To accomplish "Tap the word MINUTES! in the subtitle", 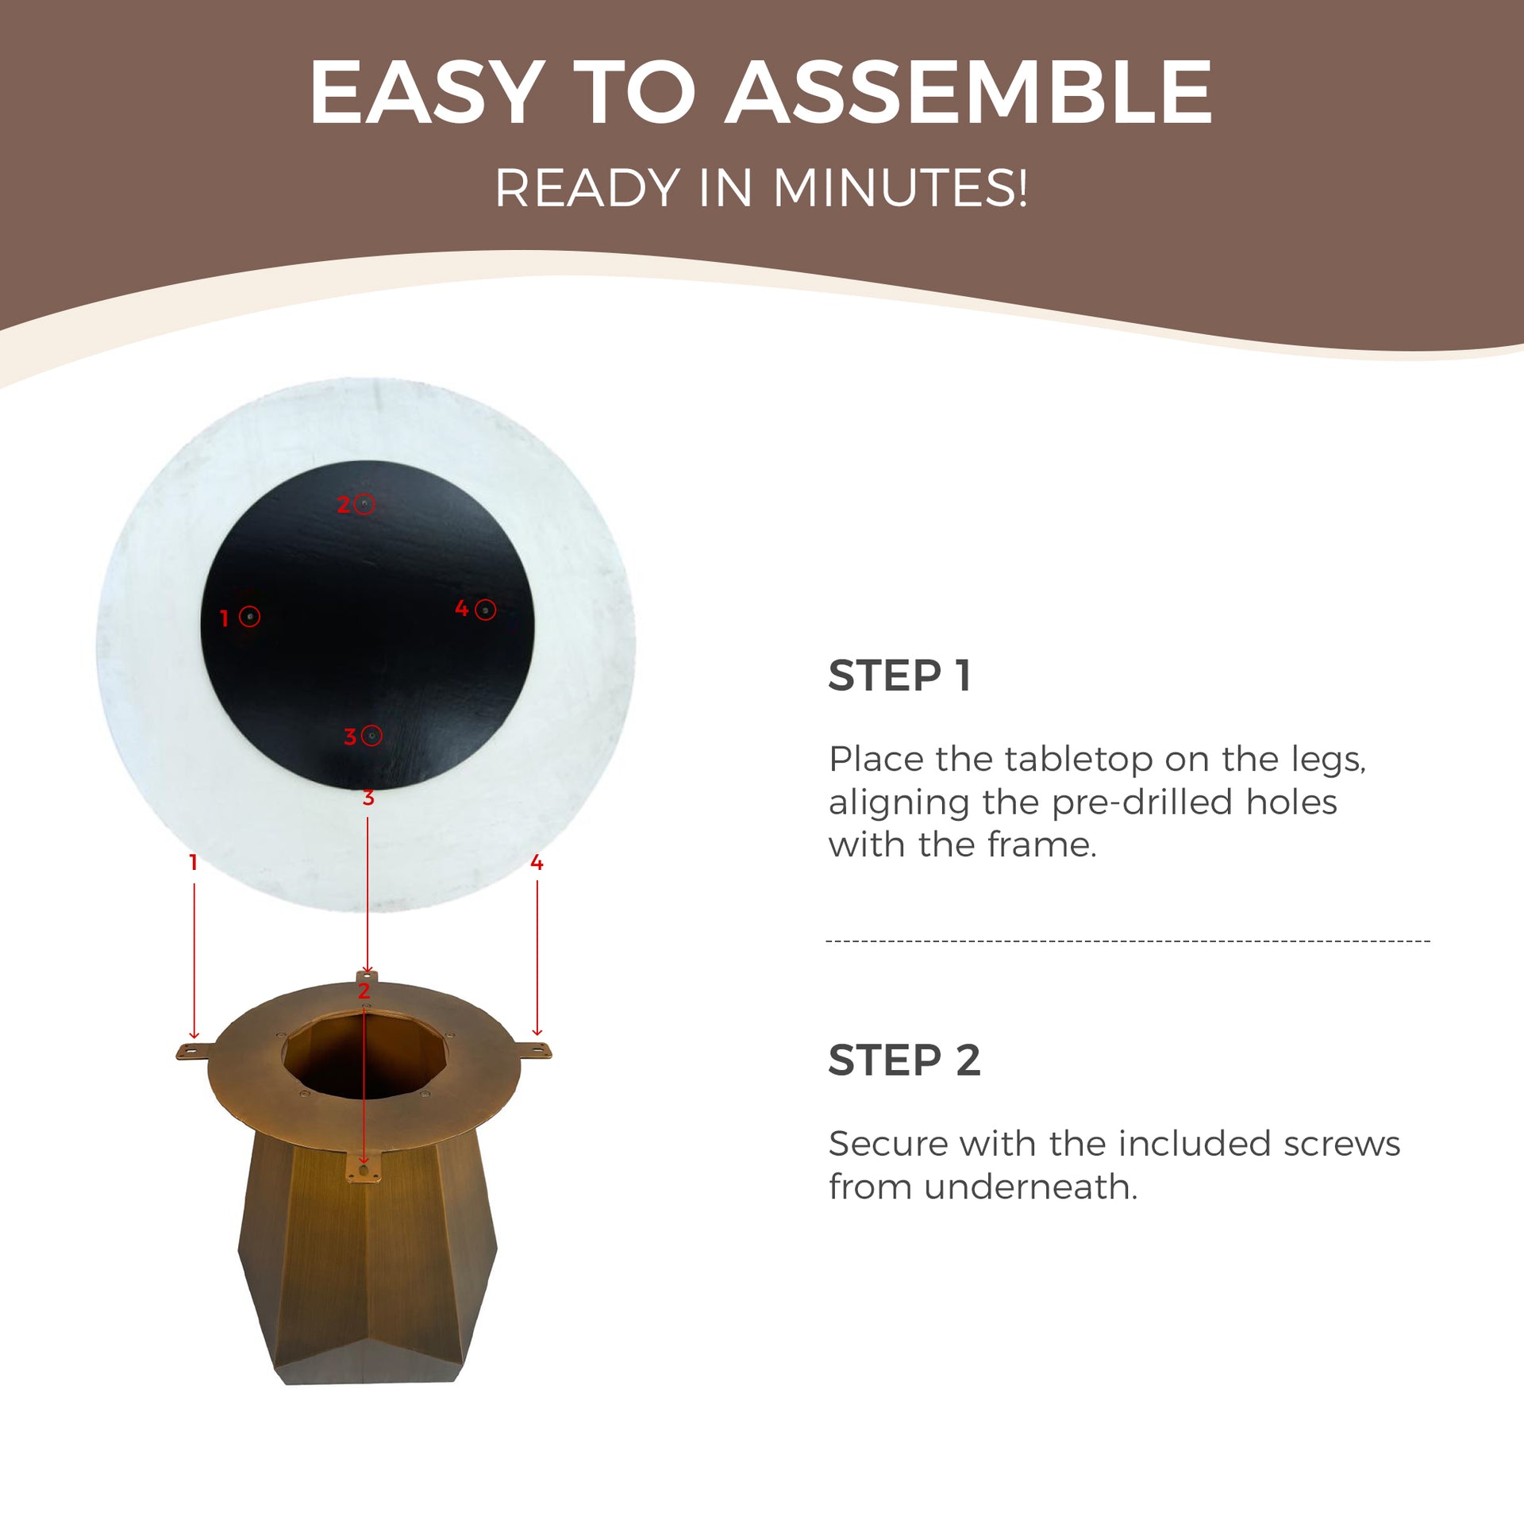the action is (x=900, y=189).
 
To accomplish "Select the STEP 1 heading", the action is (x=899, y=676).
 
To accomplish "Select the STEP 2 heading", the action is (x=904, y=1060).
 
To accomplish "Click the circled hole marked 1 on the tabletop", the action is (x=249, y=617).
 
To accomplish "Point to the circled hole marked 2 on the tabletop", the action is (x=364, y=504).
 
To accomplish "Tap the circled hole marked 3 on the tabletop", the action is (x=371, y=736).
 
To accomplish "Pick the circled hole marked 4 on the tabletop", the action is (x=486, y=610).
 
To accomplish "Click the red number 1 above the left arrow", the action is (x=193, y=862).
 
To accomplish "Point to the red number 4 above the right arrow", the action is (x=537, y=862).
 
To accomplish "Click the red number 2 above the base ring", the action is (x=364, y=991).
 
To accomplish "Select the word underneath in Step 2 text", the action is (x=1030, y=1187).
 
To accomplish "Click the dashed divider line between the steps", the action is (x=1128, y=941).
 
